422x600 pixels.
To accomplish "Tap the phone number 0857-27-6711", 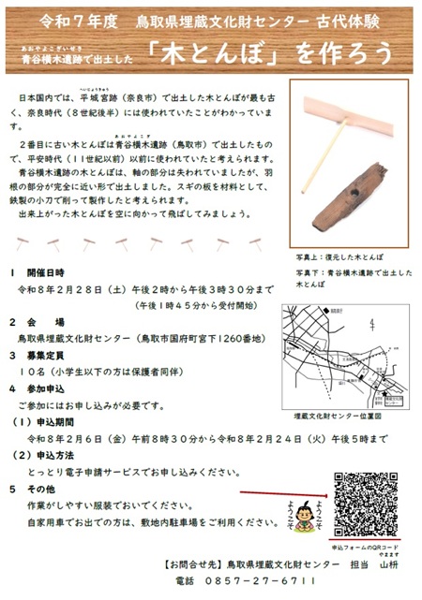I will point(249,581).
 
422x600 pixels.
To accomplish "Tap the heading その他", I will point(41,487).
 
